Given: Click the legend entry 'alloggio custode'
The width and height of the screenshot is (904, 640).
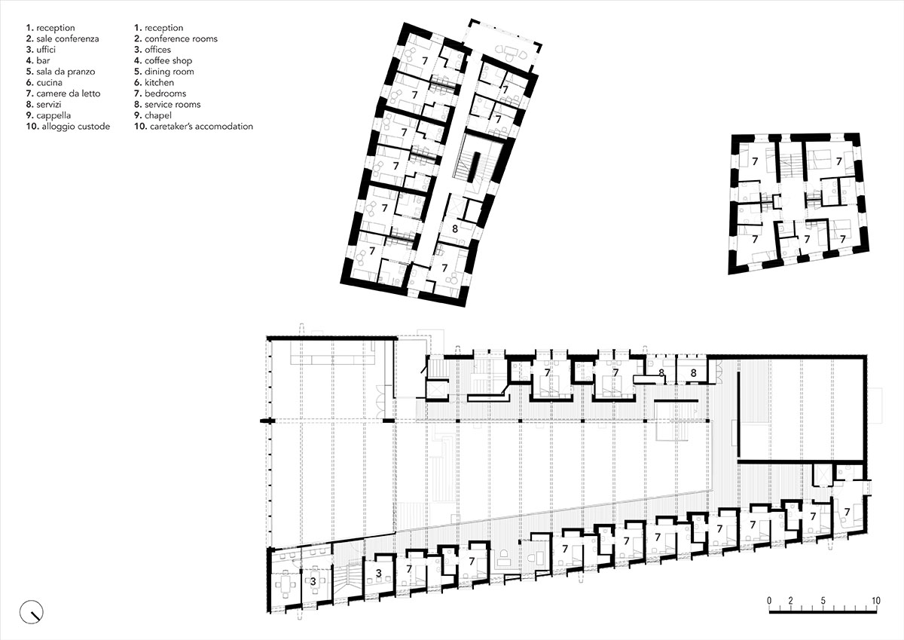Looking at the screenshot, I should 67,127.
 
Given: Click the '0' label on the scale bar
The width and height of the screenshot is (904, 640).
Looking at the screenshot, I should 769,600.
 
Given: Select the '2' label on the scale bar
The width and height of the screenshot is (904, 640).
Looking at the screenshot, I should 790,600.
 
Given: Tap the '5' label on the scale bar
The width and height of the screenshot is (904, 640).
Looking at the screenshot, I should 823,600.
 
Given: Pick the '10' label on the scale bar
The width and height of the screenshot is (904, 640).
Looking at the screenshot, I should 875,600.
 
